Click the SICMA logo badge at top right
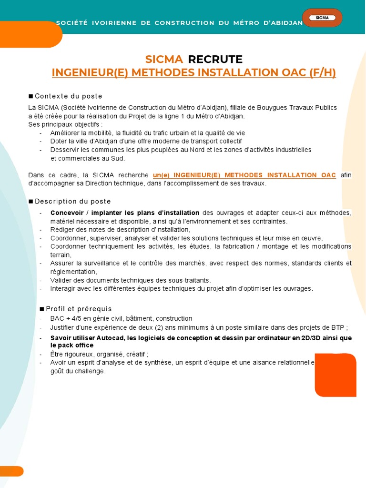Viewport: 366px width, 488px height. [322, 18]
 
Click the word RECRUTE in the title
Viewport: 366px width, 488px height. [215, 60]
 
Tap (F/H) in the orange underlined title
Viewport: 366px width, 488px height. [322, 73]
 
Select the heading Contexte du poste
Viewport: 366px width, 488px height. [68, 96]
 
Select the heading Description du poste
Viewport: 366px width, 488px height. [72, 202]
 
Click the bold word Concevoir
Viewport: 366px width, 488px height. [67, 213]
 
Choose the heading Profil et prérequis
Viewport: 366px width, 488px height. [79, 309]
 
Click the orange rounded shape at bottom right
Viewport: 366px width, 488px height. [335, 375]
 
